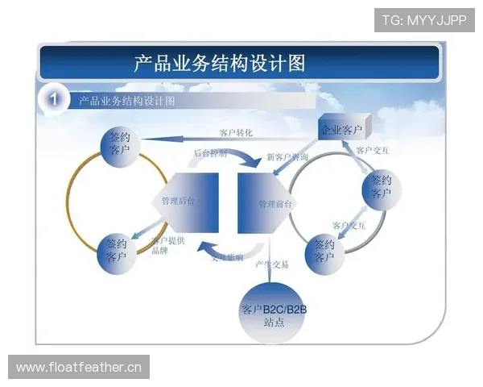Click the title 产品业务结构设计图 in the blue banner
pyautogui.click(x=219, y=62)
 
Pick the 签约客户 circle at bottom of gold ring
pyautogui.click(x=116, y=249)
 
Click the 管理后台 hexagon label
pyautogui.click(x=177, y=200)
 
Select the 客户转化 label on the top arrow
pyautogui.click(x=237, y=133)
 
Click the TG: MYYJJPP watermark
pyautogui.click(x=424, y=19)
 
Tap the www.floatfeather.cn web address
pyautogui.click(x=79, y=368)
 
